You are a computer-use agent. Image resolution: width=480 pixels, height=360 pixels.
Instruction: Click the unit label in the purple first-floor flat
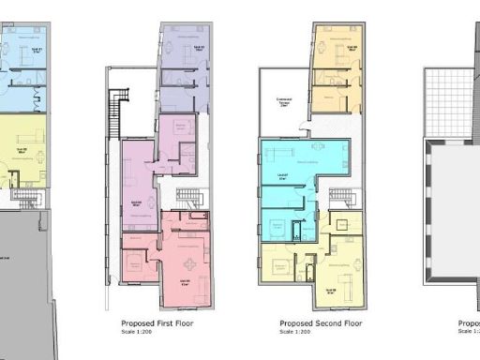[137, 202]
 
